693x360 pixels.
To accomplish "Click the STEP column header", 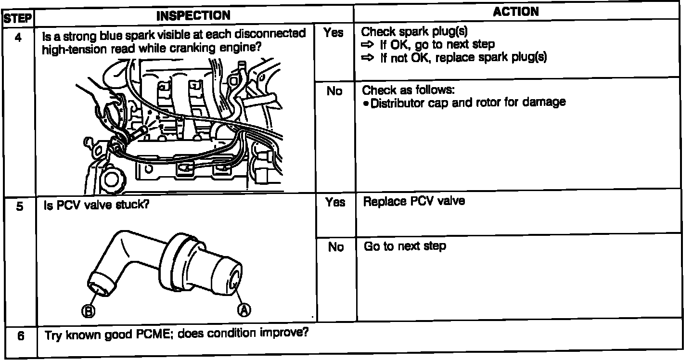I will click(x=18, y=19).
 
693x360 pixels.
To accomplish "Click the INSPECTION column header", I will click(x=193, y=15).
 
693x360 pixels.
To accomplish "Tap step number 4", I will click(x=18, y=37).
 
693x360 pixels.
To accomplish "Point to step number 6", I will click(x=21, y=335).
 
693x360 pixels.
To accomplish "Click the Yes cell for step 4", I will click(x=334, y=33).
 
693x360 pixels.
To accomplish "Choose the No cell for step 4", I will click(x=334, y=91).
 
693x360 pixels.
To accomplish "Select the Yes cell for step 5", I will click(x=335, y=202).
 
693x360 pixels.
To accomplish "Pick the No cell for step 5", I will click(x=336, y=247).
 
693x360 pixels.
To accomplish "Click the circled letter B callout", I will click(x=90, y=311).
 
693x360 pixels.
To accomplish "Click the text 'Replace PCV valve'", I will click(x=414, y=201).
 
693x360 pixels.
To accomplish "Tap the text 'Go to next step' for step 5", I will click(x=405, y=246).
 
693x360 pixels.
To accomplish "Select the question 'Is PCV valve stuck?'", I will click(x=96, y=205).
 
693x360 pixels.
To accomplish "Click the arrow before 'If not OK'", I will click(x=368, y=58).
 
